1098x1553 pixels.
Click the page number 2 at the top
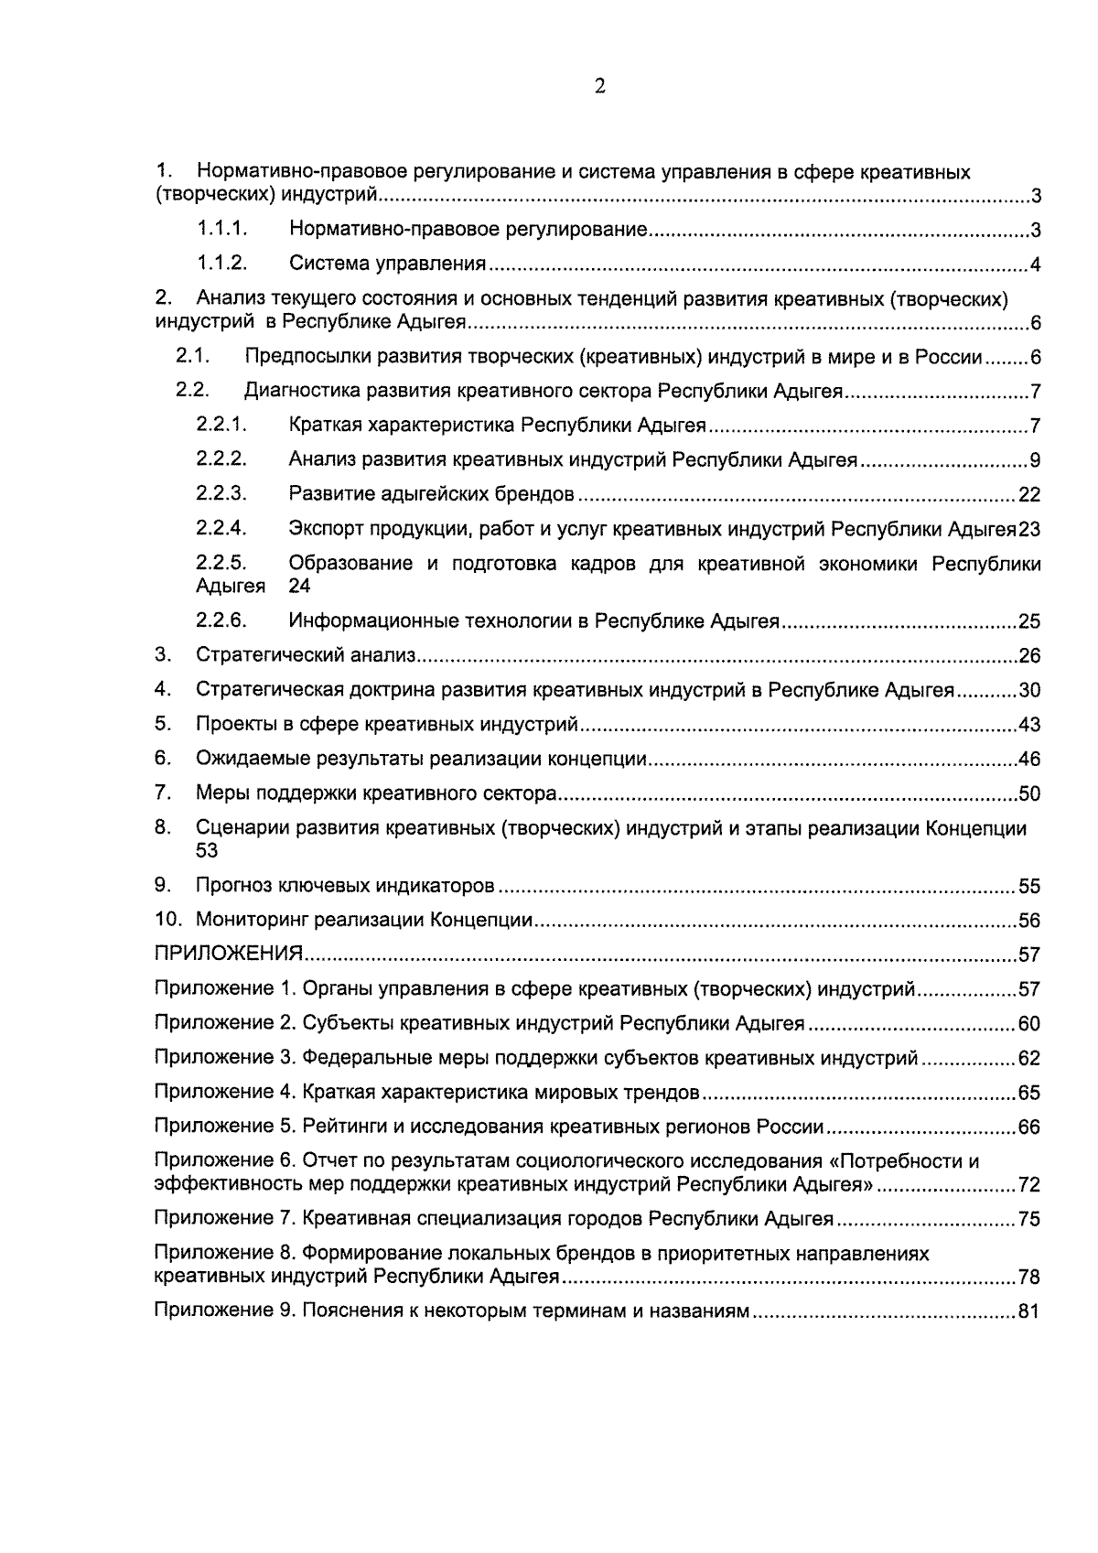[x=599, y=87]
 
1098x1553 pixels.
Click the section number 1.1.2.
[x=221, y=264]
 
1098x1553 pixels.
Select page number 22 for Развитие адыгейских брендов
[x=1029, y=495]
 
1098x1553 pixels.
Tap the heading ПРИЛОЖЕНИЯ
[x=228, y=954]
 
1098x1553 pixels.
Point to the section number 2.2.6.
[x=221, y=620]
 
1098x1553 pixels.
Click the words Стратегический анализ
[x=306, y=655]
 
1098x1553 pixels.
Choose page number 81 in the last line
[x=1029, y=1311]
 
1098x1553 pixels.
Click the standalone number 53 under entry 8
[x=207, y=851]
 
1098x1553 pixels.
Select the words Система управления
[x=387, y=264]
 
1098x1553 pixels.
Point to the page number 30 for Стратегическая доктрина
[x=1029, y=690]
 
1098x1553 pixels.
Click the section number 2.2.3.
[x=221, y=494]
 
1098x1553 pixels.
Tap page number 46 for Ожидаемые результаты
[x=1029, y=760]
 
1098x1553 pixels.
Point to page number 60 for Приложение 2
[x=1029, y=1024]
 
